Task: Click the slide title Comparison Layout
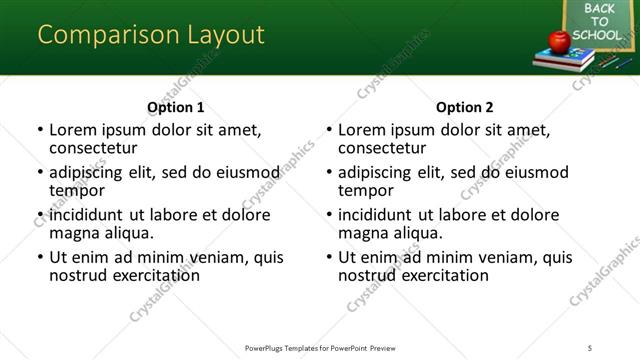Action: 151,35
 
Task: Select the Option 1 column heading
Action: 176,108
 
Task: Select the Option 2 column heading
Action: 465,108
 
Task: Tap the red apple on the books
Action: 559,41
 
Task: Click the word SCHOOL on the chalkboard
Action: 597,35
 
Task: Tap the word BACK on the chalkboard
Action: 598,9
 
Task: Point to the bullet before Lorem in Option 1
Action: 40,130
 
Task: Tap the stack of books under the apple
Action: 563,60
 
